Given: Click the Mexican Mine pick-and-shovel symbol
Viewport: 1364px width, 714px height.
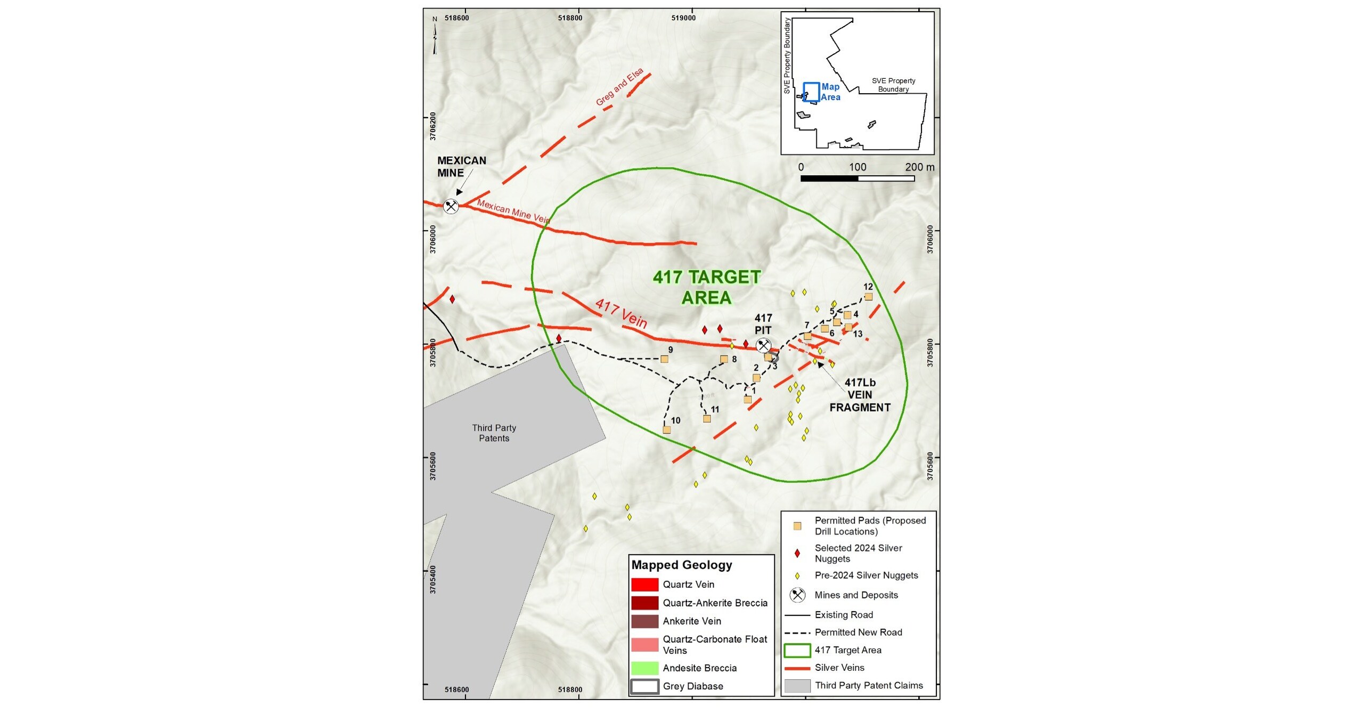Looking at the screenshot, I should point(451,206).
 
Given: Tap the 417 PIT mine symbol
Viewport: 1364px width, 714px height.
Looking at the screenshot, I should point(763,345).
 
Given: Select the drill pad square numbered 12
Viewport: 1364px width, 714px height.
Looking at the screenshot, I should point(868,297).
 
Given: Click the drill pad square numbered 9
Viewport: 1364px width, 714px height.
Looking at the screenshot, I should point(664,359).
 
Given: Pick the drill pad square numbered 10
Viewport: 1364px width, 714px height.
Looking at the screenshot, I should point(666,429).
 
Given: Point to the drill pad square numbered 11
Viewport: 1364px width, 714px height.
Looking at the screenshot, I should point(707,419).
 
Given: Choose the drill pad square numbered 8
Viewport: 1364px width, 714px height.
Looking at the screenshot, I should point(724,359).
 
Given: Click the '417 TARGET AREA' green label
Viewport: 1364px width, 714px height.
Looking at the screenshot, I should point(707,287).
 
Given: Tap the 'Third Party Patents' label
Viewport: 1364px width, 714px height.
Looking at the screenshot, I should point(494,433).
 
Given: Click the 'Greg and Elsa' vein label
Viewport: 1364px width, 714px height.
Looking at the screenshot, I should point(619,87).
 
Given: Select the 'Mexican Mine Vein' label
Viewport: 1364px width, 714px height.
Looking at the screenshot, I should point(513,211).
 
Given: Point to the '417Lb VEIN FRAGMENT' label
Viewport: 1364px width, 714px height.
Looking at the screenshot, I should point(860,395).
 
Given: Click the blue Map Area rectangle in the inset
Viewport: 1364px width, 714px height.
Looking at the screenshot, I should point(811,92).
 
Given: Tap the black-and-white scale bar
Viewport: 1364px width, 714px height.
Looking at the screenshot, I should point(857,178).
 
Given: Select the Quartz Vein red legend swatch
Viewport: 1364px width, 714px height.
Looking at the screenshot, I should point(644,585).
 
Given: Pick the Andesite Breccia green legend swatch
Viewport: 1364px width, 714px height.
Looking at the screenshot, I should point(644,668).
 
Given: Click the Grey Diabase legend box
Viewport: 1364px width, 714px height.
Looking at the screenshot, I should point(644,686).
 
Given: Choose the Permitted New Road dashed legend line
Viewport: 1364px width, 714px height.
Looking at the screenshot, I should point(797,632).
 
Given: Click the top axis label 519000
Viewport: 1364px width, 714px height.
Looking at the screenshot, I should point(683,18).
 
